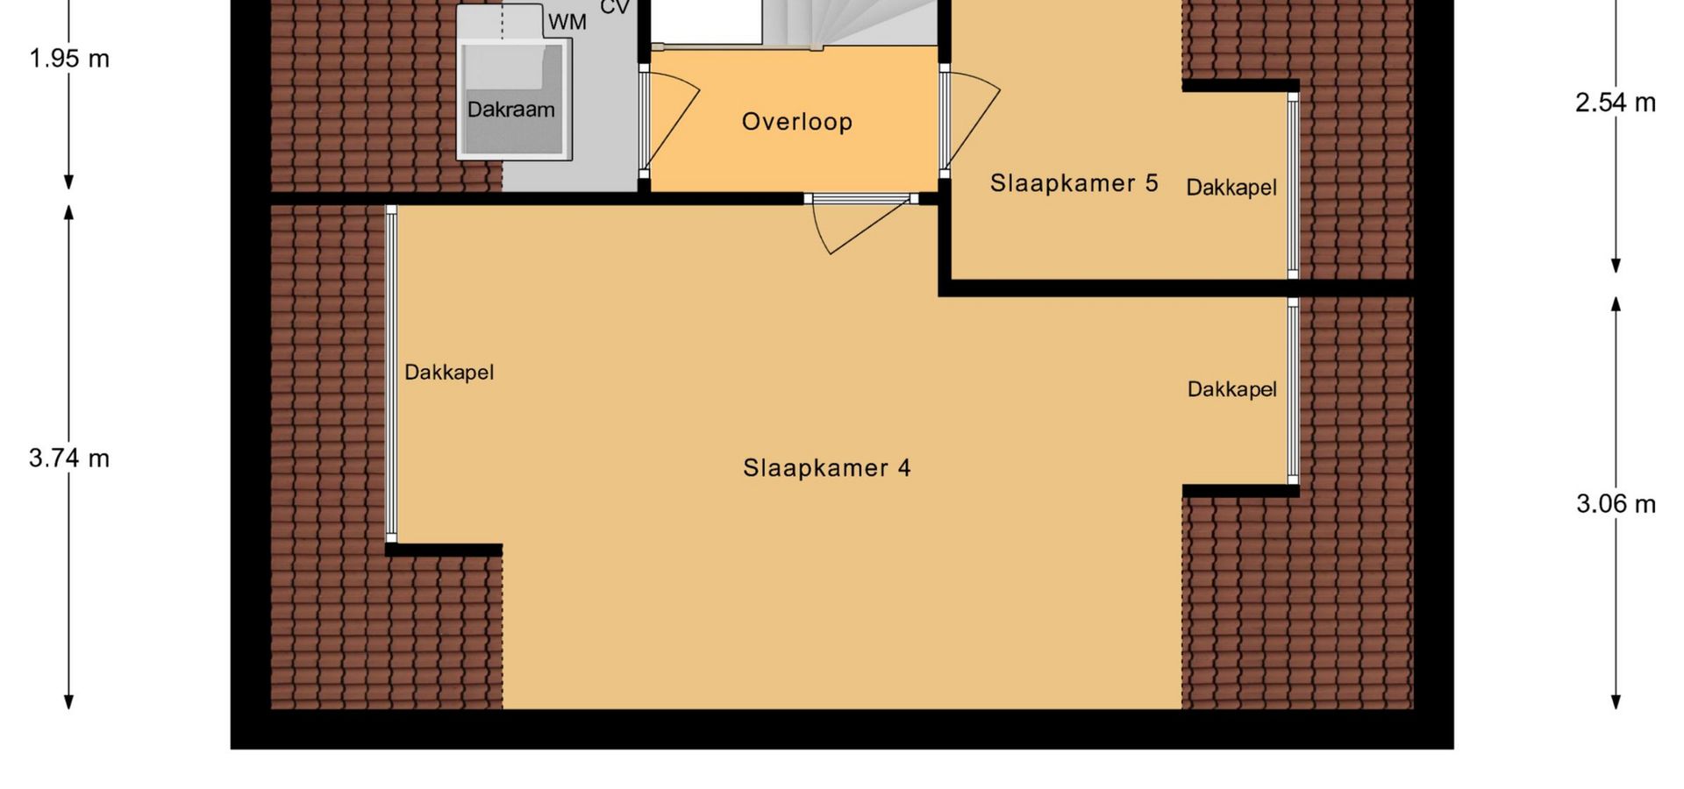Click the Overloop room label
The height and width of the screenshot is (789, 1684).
(796, 122)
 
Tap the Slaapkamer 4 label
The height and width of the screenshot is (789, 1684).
(826, 468)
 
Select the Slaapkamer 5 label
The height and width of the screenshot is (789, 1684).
(1074, 183)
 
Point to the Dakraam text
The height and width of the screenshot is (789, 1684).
(510, 110)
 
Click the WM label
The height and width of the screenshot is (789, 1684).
(567, 22)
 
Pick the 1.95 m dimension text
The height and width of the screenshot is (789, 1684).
(69, 59)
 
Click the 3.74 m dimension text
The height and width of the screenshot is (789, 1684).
(69, 458)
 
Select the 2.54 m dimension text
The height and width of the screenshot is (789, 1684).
(1616, 103)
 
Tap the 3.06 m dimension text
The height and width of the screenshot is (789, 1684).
(1616, 504)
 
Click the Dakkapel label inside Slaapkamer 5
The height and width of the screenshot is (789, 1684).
(1231, 188)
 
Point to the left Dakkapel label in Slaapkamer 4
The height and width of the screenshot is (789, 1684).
(449, 373)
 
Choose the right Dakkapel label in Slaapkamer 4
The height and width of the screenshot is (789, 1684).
(1231, 389)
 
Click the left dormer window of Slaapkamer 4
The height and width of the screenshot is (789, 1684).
(391, 374)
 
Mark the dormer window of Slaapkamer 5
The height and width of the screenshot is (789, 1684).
(1293, 185)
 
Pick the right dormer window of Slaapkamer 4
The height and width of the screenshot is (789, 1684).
(1293, 391)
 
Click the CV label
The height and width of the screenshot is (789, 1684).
(615, 7)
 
